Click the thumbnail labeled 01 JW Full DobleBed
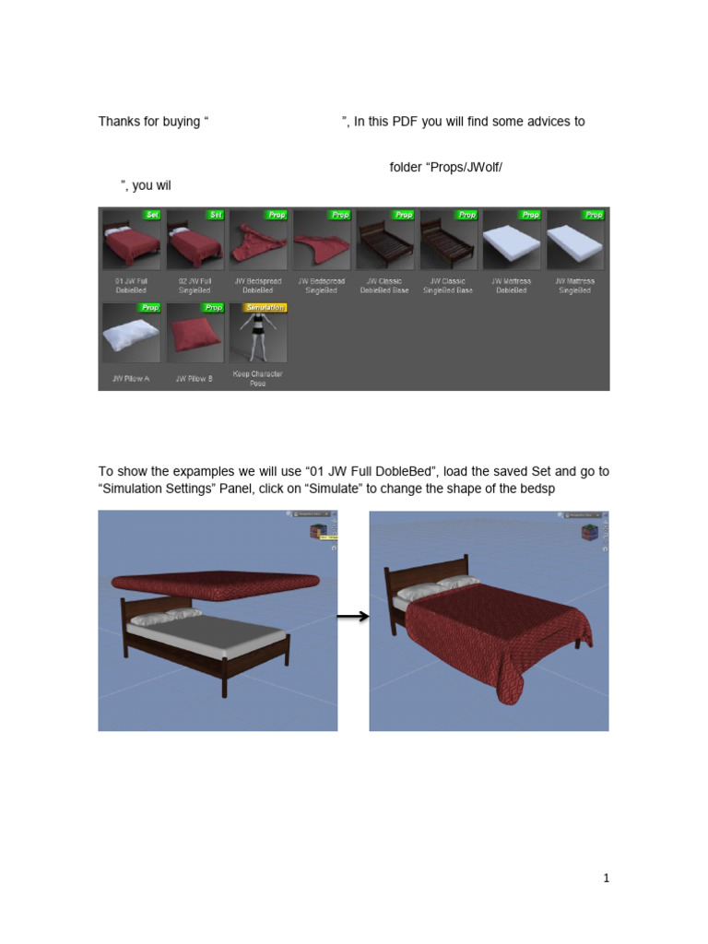point(130,240)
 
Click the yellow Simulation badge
point(265,307)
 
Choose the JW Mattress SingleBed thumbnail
point(575,240)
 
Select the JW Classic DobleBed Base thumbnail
point(384,240)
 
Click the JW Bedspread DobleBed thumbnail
point(257,240)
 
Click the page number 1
point(606,879)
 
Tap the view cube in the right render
point(588,532)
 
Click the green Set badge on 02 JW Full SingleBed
point(216,215)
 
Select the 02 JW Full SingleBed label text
point(194,286)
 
